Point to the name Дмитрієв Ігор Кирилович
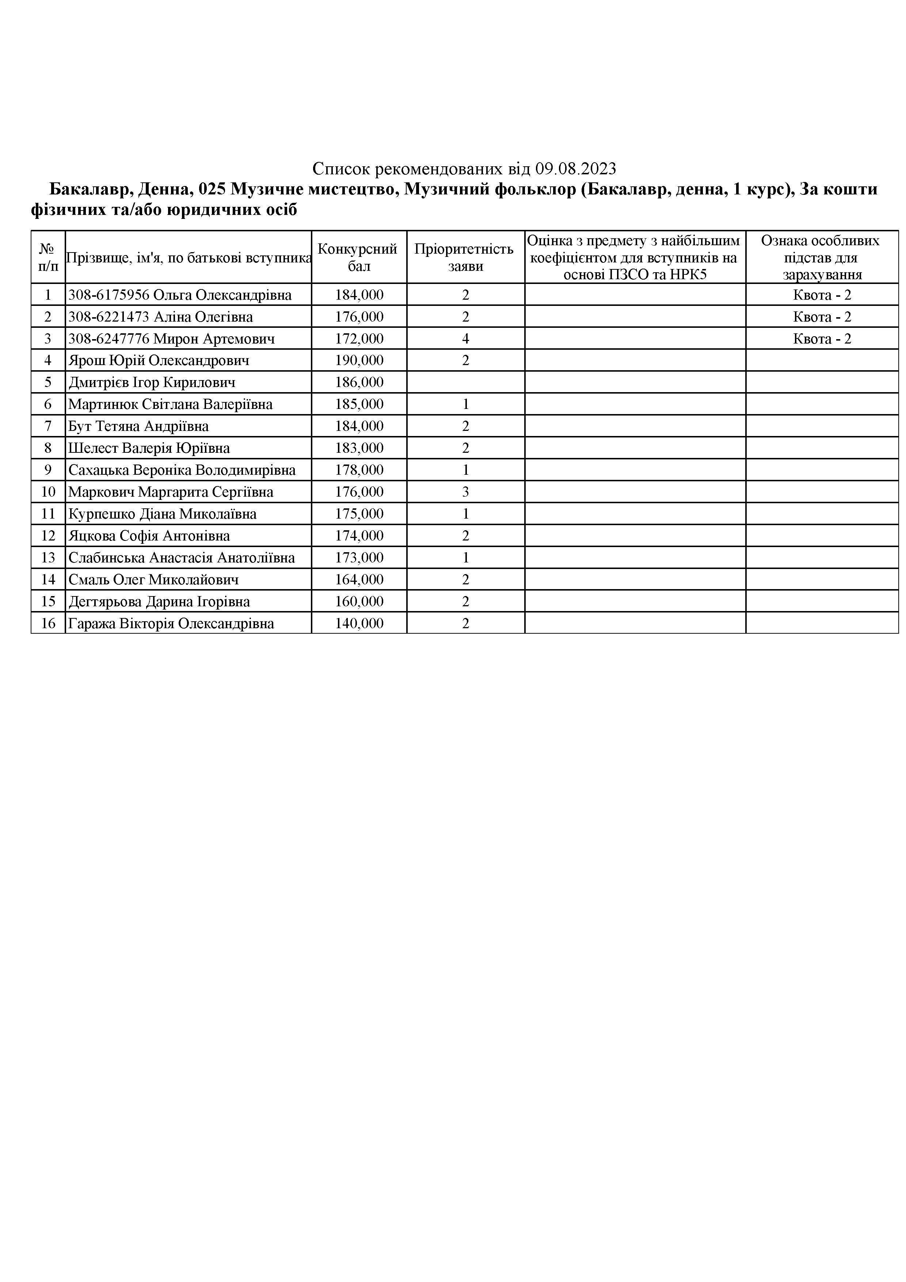tap(152, 383)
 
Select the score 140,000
tap(359, 624)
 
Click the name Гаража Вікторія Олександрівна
tap(171, 624)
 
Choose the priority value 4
tap(465, 339)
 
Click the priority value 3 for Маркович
tap(465, 492)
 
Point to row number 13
tap(48, 558)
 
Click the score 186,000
tap(359, 383)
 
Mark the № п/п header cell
tap(48, 257)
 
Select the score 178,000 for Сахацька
tap(359, 470)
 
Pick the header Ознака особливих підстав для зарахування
tap(822, 257)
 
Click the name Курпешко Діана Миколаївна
tap(163, 514)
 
